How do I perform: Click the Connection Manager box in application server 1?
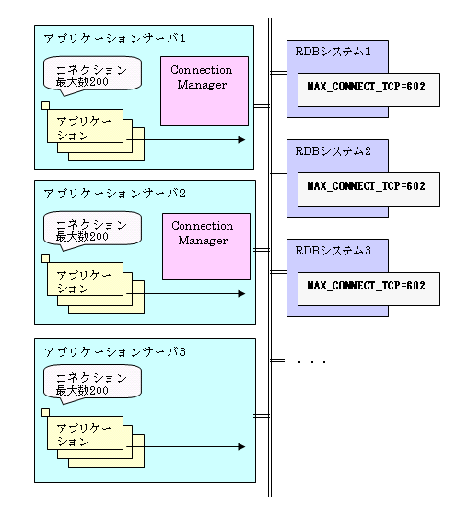(x=205, y=91)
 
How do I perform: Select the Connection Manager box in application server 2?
(x=206, y=246)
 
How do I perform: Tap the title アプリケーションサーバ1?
(x=114, y=39)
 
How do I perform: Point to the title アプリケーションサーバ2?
(x=114, y=194)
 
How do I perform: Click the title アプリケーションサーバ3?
(x=114, y=352)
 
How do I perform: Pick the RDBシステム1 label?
(x=333, y=52)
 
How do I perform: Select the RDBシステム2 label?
(x=333, y=151)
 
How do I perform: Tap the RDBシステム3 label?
(x=333, y=251)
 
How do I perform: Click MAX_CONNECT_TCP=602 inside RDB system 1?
(x=366, y=87)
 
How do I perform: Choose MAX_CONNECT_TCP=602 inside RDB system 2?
(x=366, y=186)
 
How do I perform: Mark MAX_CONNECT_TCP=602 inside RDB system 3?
(x=366, y=286)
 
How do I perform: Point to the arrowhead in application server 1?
(x=241, y=139)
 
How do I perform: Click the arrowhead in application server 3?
(x=241, y=447)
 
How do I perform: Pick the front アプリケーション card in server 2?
(x=85, y=279)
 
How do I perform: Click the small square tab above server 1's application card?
(x=46, y=106)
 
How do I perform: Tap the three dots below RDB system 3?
(x=311, y=362)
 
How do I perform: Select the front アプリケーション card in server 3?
(x=85, y=432)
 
